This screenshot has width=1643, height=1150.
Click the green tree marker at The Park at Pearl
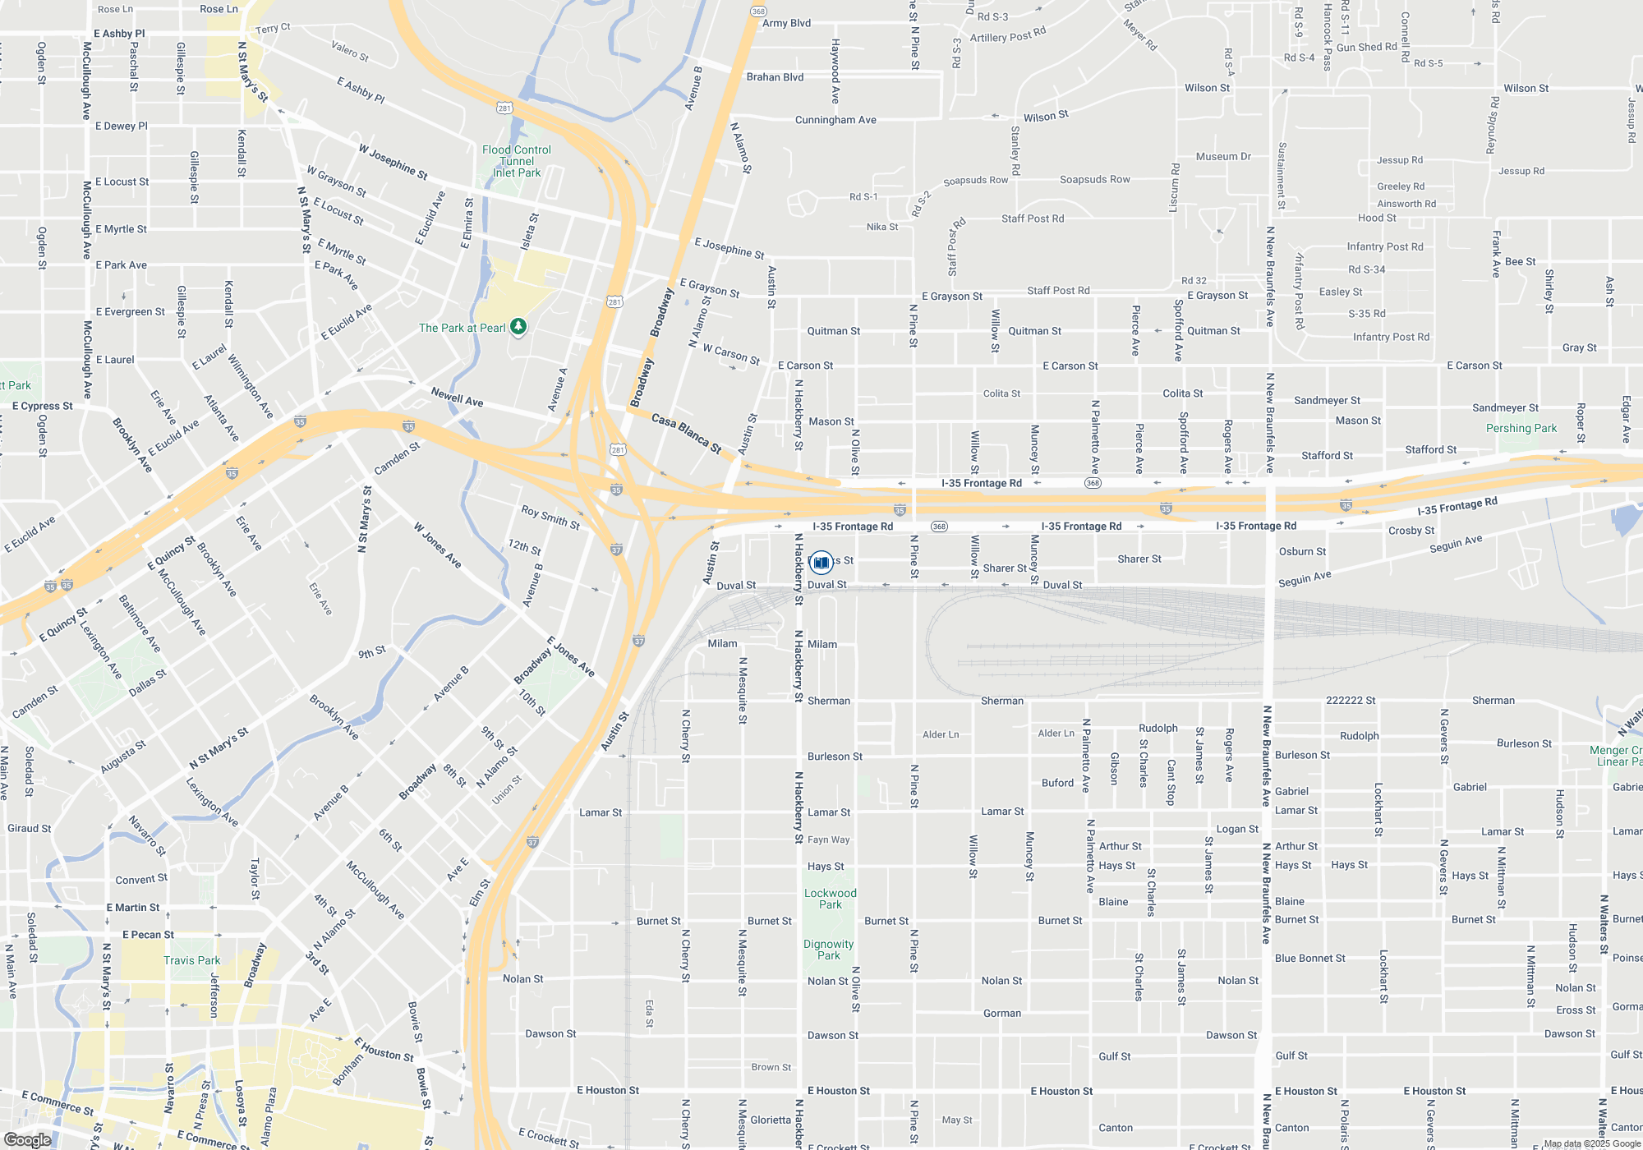tap(518, 327)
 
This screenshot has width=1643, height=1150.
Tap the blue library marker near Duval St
tap(821, 563)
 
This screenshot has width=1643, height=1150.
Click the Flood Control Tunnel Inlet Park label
tap(517, 161)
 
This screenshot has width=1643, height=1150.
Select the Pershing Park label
tap(1521, 428)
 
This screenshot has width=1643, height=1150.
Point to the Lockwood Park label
tap(830, 899)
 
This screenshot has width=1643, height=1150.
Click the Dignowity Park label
tap(828, 950)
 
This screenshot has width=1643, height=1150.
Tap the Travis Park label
tap(191, 960)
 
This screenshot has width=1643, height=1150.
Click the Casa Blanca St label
tap(687, 433)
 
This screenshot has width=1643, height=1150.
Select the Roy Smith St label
tap(550, 517)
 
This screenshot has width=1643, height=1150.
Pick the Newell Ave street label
tap(457, 398)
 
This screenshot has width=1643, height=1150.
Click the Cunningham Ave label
tap(835, 120)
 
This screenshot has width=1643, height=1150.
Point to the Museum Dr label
tap(1223, 156)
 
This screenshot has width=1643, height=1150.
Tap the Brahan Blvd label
tap(775, 77)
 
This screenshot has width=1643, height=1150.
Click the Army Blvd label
tap(786, 23)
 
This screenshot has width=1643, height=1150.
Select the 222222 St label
tap(1351, 701)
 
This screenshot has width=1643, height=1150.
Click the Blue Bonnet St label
tap(1309, 958)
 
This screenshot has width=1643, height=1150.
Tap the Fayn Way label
tap(828, 839)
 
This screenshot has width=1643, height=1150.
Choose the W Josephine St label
tap(393, 162)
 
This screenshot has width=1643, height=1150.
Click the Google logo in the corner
tap(28, 1139)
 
